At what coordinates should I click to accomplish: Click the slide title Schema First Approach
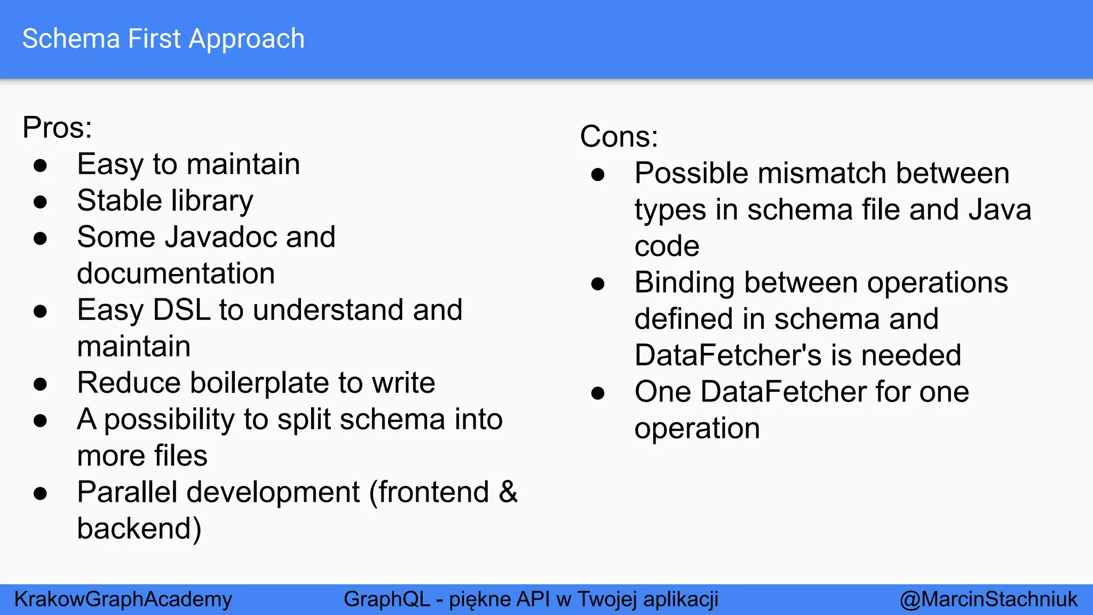[163, 39]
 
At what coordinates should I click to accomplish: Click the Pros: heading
[57, 128]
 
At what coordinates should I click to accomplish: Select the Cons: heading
[619, 137]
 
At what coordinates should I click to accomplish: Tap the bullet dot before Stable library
[40, 202]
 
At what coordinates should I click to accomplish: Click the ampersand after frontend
[508, 492]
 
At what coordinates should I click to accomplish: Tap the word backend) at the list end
[139, 529]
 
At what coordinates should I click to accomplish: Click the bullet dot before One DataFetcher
[598, 393]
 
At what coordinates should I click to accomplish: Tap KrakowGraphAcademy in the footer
[123, 599]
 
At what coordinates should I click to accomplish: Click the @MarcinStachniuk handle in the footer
[988, 599]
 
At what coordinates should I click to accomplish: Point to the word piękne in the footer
[479, 600]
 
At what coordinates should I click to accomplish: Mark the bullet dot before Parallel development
[40, 493]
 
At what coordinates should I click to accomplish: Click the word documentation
[176, 274]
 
